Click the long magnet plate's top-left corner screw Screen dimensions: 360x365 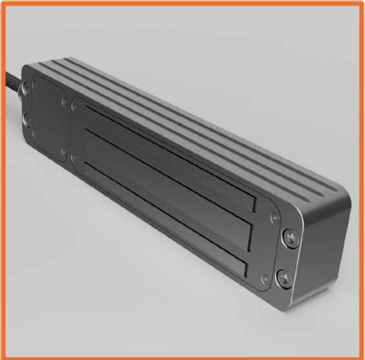pyautogui.click(x=75, y=107)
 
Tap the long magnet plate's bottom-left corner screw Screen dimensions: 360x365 pyautogui.click(x=74, y=157)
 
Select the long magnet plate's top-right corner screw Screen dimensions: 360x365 pyautogui.click(x=272, y=217)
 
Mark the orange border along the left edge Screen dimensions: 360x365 pyautogui.click(x=2, y=190)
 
